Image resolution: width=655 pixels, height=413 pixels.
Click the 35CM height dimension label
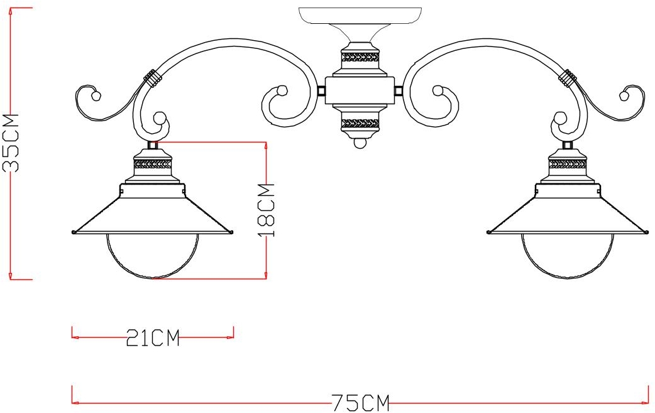tap(11, 142)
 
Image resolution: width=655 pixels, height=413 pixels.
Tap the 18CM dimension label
tap(266, 210)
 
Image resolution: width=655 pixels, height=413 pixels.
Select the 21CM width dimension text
tap(153, 338)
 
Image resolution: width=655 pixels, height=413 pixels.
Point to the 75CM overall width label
tap(361, 403)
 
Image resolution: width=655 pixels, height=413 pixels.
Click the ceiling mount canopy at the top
tap(360, 15)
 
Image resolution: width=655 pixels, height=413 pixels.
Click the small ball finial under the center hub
tap(360, 144)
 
